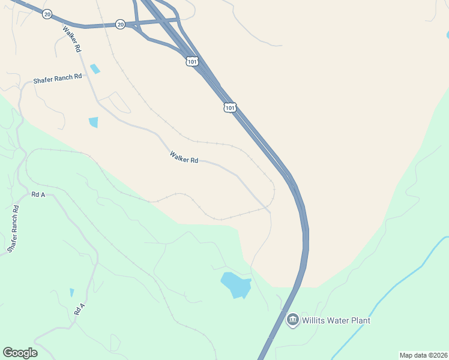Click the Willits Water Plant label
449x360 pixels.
[336, 320]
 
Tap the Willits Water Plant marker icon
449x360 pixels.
[293, 320]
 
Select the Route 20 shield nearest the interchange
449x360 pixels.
[121, 25]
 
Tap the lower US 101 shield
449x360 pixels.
[230, 107]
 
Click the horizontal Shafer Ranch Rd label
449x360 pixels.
[57, 78]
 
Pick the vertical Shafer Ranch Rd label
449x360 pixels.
[13, 229]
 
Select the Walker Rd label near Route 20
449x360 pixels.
[71, 39]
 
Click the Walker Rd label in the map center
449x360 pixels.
[184, 157]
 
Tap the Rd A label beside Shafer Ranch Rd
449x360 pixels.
[38, 194]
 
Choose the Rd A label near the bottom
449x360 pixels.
[80, 309]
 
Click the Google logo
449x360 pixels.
[20, 352]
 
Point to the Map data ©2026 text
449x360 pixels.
[423, 355]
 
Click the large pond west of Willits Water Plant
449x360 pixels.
[235, 285]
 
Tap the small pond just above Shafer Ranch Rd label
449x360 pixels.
[95, 68]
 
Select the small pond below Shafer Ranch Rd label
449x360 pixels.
[93, 122]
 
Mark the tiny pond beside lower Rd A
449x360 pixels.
[71, 293]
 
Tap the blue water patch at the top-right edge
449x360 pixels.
[447, 35]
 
